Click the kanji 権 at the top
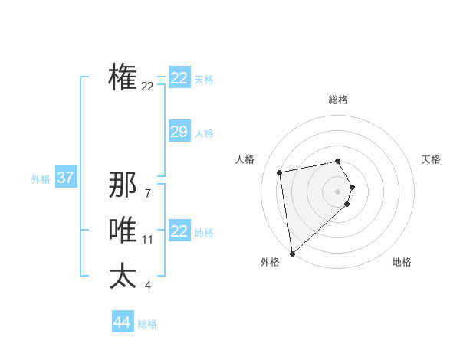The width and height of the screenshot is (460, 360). click(x=123, y=77)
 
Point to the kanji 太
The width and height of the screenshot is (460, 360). click(x=123, y=276)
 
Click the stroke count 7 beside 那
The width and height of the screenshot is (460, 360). click(x=147, y=193)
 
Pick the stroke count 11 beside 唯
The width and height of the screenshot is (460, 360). click(x=147, y=240)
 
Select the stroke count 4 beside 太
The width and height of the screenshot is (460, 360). click(x=147, y=286)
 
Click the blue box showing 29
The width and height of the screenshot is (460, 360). click(x=179, y=132)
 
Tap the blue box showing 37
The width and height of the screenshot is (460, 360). click(x=65, y=178)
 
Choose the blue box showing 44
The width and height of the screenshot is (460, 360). click(x=122, y=322)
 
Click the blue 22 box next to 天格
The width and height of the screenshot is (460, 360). click(x=179, y=78)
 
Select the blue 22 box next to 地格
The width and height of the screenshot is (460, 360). click(x=179, y=231)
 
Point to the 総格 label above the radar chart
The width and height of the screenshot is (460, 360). click(x=338, y=100)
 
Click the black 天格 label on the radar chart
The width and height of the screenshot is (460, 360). click(x=431, y=159)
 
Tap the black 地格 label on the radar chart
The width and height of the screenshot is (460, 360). click(x=402, y=262)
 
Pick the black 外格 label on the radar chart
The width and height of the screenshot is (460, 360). click(x=270, y=262)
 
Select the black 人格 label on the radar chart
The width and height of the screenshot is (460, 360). click(x=245, y=159)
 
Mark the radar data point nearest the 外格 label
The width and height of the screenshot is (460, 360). click(x=292, y=253)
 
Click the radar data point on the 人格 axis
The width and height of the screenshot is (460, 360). click(x=280, y=172)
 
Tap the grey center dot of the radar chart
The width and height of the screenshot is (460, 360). click(x=338, y=191)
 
